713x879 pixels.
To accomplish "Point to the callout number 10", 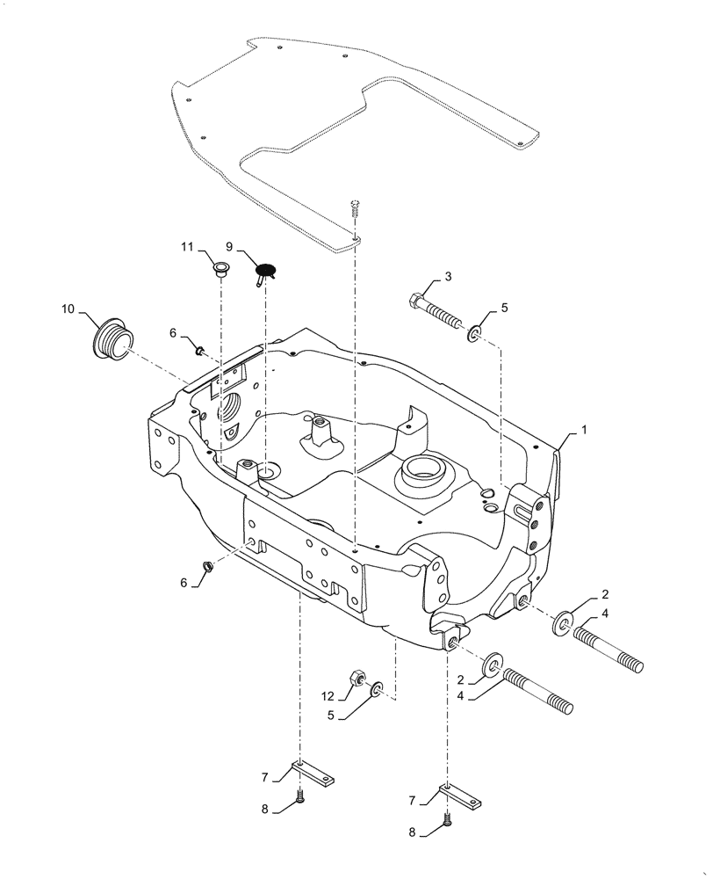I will tap(68, 309).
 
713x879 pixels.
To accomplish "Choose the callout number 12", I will tap(327, 695).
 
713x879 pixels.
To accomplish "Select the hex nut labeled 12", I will tap(358, 678).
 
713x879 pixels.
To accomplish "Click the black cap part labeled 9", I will tap(266, 271).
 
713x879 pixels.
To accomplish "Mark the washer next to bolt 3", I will tap(474, 333).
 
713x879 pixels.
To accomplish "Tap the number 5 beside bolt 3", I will tap(504, 309).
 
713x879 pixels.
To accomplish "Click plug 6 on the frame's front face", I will tap(208, 566).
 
